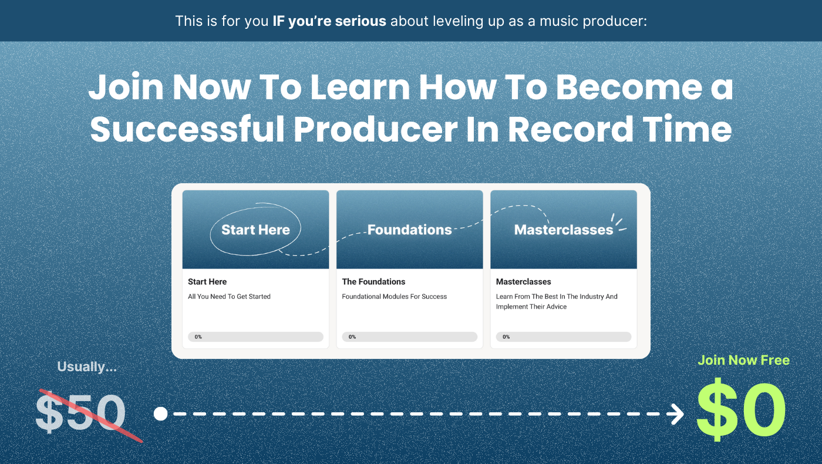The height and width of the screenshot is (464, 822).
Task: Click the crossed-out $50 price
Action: (81, 415)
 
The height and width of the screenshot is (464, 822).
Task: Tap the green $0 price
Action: (741, 410)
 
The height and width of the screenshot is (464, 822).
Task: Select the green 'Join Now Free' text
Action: (743, 360)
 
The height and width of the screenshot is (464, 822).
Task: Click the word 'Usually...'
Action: (87, 367)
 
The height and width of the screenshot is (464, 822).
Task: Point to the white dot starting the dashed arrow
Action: (160, 413)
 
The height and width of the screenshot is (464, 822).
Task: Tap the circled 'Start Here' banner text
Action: (255, 230)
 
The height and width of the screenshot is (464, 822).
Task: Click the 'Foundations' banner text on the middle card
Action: (410, 230)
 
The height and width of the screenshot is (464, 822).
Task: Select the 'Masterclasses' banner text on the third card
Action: (564, 230)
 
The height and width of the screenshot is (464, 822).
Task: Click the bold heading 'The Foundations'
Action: (373, 281)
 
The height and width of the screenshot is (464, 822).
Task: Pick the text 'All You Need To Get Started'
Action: (229, 296)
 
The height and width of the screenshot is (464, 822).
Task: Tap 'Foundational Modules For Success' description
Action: (395, 296)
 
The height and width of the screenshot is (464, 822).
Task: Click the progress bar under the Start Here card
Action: (255, 337)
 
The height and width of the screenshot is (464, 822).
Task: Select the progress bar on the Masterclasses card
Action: (564, 337)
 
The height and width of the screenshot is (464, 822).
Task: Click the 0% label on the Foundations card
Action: (352, 337)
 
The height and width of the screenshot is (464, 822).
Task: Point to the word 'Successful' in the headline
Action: (187, 129)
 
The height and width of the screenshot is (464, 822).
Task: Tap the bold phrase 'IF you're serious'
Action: (329, 21)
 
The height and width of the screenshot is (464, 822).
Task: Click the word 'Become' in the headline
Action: (629, 87)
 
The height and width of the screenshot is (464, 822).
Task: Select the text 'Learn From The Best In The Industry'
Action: (550, 296)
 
